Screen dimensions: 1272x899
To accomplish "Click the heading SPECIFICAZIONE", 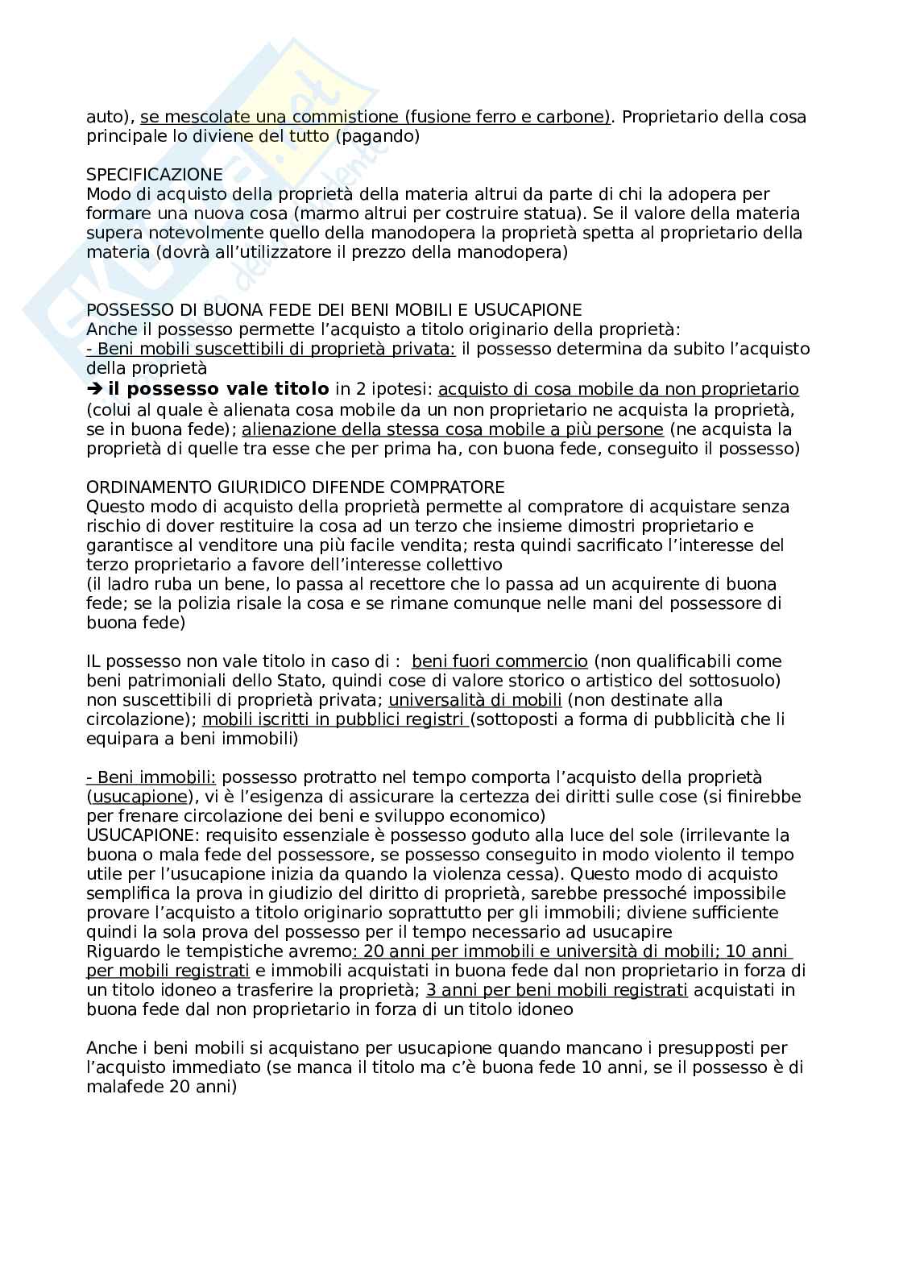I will click(154, 175).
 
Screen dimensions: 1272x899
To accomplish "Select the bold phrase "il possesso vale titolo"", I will click(217, 390).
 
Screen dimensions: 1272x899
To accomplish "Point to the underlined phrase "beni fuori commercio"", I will click(499, 661).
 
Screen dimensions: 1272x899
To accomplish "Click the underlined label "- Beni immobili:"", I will click(151, 777).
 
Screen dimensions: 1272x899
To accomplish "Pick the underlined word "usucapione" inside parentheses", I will click(139, 797).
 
